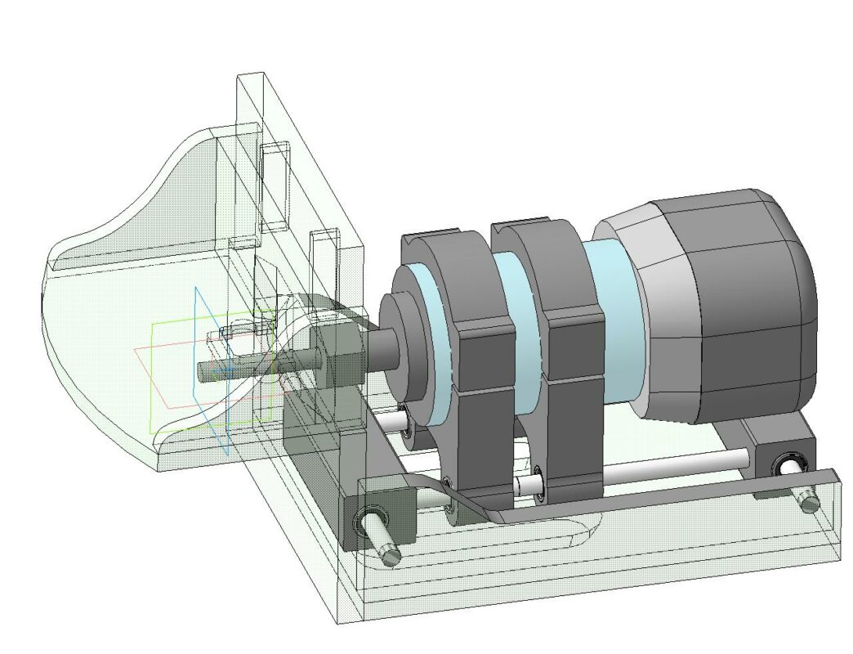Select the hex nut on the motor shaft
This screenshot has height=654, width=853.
[x=336, y=356]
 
